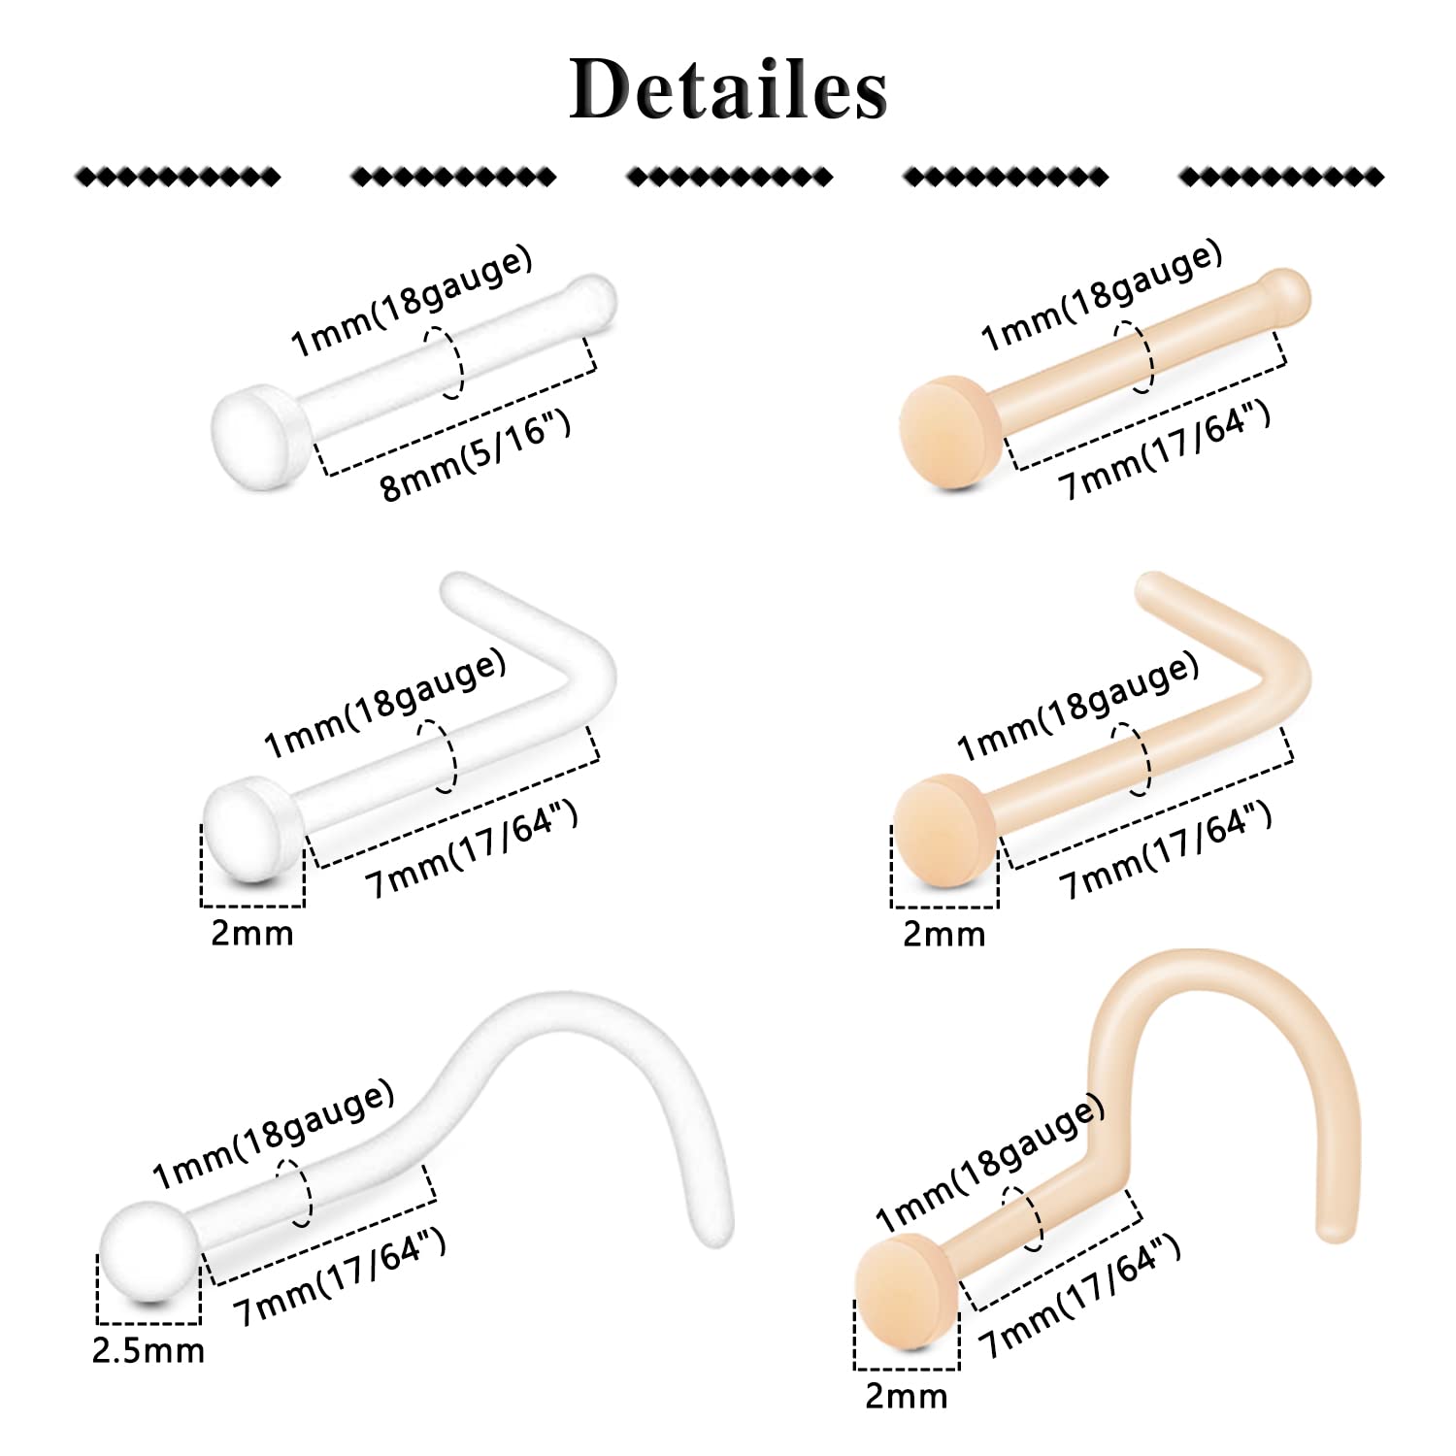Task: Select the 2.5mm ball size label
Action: [x=149, y=1350]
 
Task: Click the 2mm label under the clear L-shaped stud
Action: [x=251, y=933]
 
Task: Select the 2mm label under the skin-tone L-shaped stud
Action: [x=943, y=934]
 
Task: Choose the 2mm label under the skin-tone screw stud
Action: [x=906, y=1396]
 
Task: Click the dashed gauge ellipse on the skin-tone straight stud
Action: [x=1134, y=357]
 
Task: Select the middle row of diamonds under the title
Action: [x=729, y=177]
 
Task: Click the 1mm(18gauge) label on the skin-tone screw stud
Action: [x=990, y=1162]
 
